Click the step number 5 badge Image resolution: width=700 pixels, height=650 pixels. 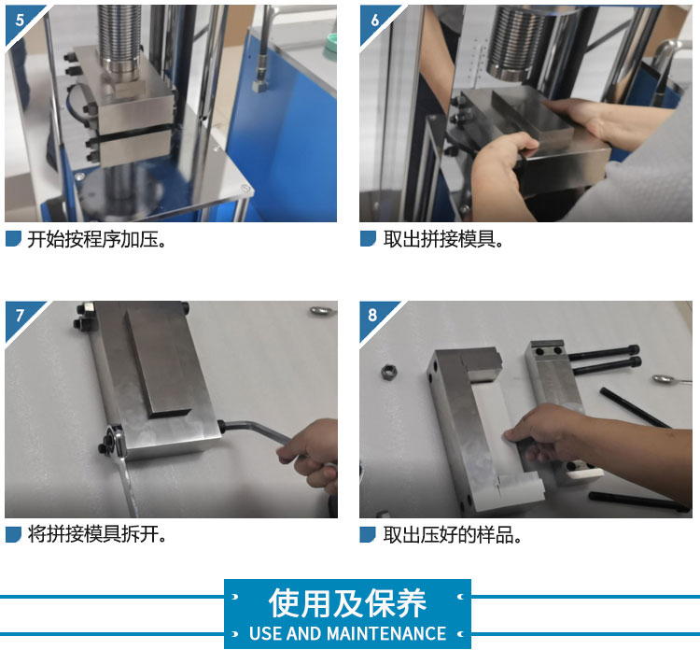[20, 20]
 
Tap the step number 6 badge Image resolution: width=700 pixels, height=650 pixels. [374, 20]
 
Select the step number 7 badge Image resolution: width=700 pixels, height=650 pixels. [20, 316]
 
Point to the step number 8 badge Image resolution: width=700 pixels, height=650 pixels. [373, 315]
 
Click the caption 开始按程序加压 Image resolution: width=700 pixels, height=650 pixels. [97, 240]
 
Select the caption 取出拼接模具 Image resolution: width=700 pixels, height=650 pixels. [443, 240]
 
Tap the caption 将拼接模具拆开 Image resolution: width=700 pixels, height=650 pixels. [97, 534]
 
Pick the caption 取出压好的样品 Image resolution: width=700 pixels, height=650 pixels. [453, 534]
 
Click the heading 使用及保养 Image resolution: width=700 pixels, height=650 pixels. [347, 603]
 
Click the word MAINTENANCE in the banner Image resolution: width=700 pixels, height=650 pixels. [386, 633]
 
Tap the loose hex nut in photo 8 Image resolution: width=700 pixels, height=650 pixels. [389, 372]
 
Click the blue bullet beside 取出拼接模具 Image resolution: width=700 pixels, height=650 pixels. [368, 238]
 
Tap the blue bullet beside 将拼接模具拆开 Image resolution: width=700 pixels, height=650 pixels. [13, 534]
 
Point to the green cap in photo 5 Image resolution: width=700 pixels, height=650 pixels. [330, 47]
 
